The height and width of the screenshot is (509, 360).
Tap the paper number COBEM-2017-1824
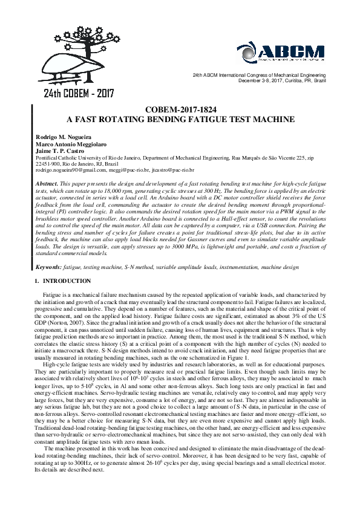tap(180, 110)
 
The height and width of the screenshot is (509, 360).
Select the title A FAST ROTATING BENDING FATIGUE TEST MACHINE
tap(180, 120)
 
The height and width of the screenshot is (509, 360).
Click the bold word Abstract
tap(48, 183)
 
